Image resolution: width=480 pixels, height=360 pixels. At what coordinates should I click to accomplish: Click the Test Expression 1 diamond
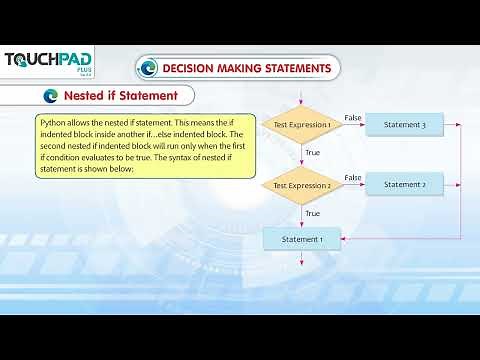301,125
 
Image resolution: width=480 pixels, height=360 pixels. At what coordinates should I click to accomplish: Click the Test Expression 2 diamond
301,185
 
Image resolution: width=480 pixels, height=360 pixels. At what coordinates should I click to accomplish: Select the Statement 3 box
403,124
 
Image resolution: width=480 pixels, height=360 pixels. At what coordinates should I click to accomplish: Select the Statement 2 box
403,184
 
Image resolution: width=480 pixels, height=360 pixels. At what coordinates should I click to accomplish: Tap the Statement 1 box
301,239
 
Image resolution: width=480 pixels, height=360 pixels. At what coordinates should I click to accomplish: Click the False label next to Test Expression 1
352,117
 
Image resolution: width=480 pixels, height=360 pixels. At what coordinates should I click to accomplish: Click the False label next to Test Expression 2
352,177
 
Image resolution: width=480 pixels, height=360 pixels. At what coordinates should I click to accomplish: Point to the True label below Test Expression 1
312,153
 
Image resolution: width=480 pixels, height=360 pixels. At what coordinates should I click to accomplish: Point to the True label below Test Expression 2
312,213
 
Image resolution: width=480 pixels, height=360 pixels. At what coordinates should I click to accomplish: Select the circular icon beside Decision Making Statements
149,68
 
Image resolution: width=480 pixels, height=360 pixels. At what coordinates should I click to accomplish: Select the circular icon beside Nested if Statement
51,96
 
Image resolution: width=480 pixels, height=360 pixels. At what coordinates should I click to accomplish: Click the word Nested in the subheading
84,96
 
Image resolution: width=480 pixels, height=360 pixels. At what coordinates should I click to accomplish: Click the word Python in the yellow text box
53,121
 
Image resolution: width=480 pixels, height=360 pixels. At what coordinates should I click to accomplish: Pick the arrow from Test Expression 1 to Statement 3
353,125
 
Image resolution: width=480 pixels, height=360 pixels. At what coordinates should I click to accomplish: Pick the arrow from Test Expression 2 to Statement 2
353,185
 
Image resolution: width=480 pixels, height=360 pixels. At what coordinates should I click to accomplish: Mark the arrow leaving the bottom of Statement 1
301,258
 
